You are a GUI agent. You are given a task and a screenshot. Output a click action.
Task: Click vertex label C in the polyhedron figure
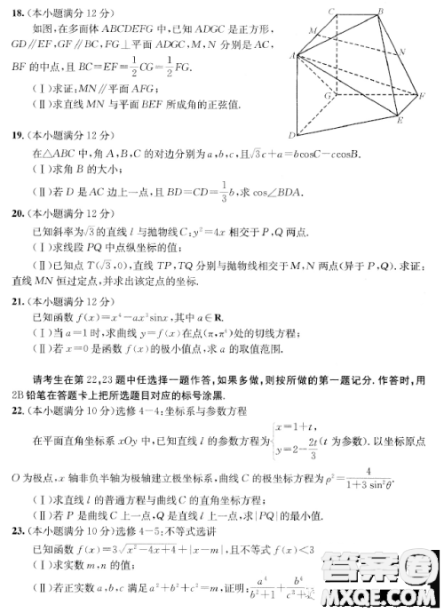pyautogui.click(x=330, y=10)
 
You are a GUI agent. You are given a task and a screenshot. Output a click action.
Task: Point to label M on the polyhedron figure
pyautogui.click(x=312, y=31)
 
